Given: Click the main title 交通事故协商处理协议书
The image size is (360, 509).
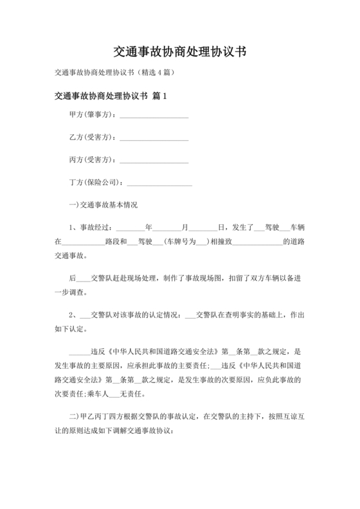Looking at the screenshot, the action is [179, 51].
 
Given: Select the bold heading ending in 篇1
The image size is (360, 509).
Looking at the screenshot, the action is [111, 97].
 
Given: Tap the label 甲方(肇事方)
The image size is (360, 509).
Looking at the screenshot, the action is [91, 115].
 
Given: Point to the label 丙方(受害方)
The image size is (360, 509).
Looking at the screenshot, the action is [91, 160].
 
